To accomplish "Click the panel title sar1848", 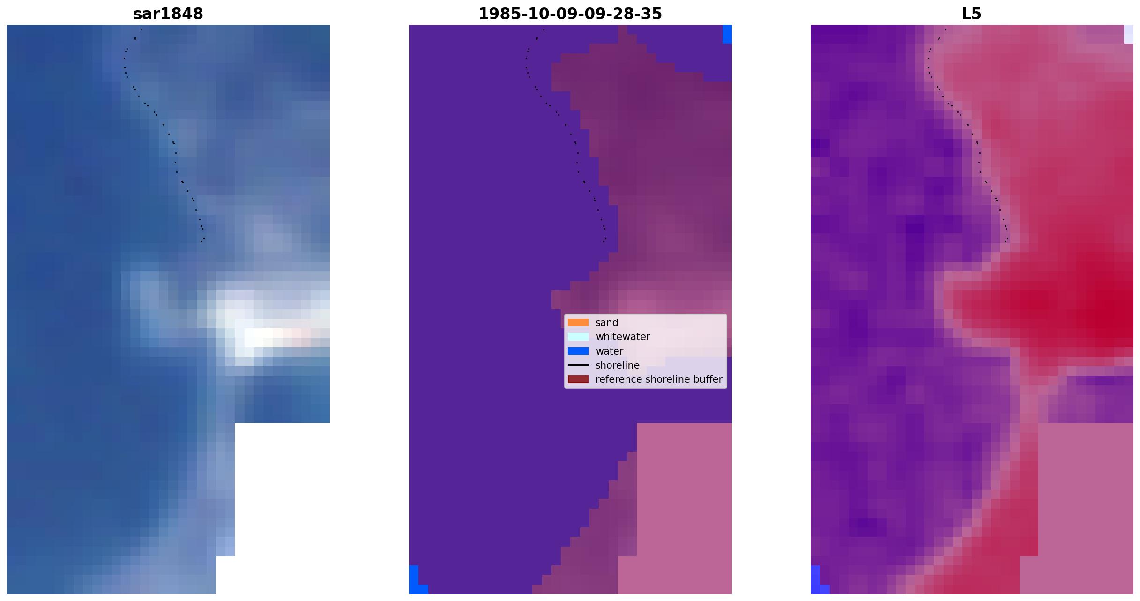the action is (168, 14).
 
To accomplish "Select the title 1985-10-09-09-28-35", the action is (570, 14).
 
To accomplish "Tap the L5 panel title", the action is (971, 14).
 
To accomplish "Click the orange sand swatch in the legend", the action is (578, 322).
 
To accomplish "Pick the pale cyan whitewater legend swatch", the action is (578, 336).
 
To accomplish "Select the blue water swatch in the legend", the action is (578, 351).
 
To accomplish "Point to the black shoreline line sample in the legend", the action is (578, 365).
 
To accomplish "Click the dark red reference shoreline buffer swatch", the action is (578, 379).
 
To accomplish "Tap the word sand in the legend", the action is (607, 323).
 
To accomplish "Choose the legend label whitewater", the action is (623, 337).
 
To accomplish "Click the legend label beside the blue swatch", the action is (609, 351).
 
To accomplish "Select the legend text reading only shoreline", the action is (618, 365).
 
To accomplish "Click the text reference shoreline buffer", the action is (659, 379).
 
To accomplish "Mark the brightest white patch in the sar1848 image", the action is (262, 337).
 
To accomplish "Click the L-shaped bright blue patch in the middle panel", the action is (414, 583).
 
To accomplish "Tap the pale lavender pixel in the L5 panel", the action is (1129, 34).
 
